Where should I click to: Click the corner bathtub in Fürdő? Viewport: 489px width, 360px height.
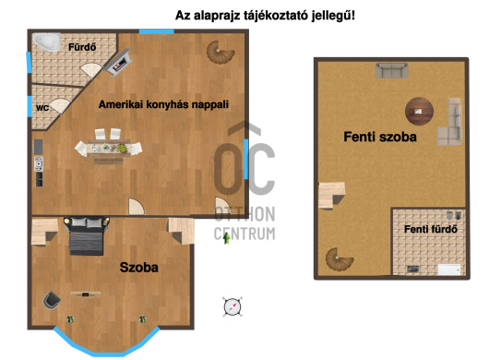tap(47, 42)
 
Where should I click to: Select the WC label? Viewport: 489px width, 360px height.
tap(42, 108)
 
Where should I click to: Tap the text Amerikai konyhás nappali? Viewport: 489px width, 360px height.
tap(163, 104)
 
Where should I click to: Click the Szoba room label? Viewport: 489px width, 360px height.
tap(138, 268)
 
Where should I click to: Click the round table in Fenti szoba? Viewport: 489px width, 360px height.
tap(421, 110)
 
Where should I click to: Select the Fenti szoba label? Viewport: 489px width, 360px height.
tap(380, 138)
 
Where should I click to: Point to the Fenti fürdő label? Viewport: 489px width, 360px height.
tap(426, 230)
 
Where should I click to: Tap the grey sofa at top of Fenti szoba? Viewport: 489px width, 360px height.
tap(391, 70)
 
